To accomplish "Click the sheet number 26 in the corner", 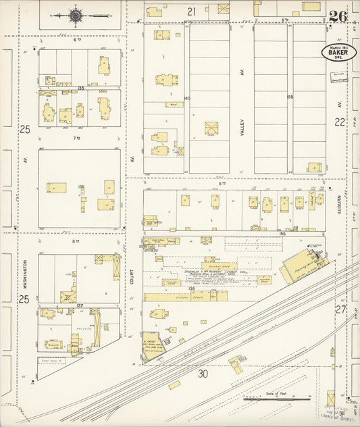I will click(x=338, y=15).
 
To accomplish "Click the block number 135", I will click(x=80, y=88).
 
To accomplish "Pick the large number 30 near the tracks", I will click(x=203, y=373).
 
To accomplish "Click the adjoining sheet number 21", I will click(x=191, y=11).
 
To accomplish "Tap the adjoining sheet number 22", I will click(x=339, y=122).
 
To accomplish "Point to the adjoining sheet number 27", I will click(x=340, y=309).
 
